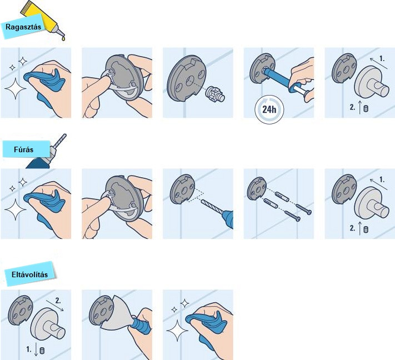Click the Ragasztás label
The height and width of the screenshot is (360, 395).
pyautogui.click(x=23, y=27)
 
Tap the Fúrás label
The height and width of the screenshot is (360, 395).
pyautogui.click(x=23, y=149)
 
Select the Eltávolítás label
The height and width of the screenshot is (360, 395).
pyautogui.click(x=29, y=274)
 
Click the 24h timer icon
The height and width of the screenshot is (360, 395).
pyautogui.click(x=269, y=109)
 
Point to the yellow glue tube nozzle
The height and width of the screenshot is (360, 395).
pyautogui.click(x=60, y=32)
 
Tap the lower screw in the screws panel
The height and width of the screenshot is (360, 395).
pyautogui.click(x=292, y=216)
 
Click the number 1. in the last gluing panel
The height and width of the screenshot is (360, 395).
pyautogui.click(x=382, y=59)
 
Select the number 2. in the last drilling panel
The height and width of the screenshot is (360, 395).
pyautogui.click(x=352, y=228)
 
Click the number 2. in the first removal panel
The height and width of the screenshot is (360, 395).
pyautogui.click(x=58, y=301)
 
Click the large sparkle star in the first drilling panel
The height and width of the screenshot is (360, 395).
pyautogui.click(x=16, y=209)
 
